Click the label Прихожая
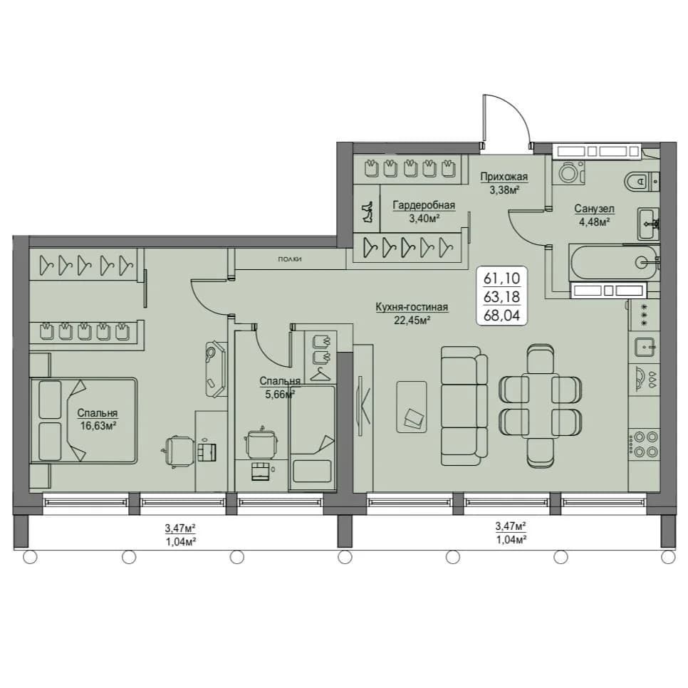tap(504, 177)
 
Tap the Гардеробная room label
tap(424, 205)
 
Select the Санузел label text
tap(595, 209)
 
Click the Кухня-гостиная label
tap(412, 307)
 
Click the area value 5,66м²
tap(279, 395)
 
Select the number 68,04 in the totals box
tap(501, 315)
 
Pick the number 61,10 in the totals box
tap(501, 278)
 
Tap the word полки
tap(290, 259)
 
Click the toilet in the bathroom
tap(642, 181)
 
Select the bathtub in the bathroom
tap(613, 262)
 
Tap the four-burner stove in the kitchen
tap(645, 444)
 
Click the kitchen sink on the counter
tap(644, 348)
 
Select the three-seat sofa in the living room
tap(464, 405)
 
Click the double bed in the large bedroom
tap(83, 420)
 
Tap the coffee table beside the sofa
tap(412, 407)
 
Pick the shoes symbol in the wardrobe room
tap(366, 212)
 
